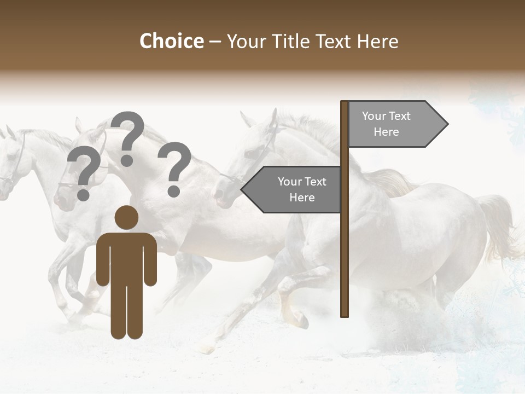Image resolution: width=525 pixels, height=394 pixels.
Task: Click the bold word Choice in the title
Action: tap(171, 42)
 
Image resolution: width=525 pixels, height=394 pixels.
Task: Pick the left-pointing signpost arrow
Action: tap(293, 189)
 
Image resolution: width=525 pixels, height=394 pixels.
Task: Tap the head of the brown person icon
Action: tap(126, 217)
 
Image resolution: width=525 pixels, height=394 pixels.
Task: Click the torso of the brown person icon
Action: tap(126, 257)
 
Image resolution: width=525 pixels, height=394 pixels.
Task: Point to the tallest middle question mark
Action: tap(127, 137)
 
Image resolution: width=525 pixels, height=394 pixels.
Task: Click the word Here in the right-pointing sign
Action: tap(386, 132)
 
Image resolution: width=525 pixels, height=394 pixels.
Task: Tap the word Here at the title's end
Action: tap(377, 42)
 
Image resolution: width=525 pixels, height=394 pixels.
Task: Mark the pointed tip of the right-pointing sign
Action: tap(447, 124)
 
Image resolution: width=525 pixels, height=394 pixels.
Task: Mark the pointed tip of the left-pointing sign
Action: tap(242, 189)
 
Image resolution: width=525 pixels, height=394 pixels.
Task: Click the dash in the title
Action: tap(215, 42)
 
